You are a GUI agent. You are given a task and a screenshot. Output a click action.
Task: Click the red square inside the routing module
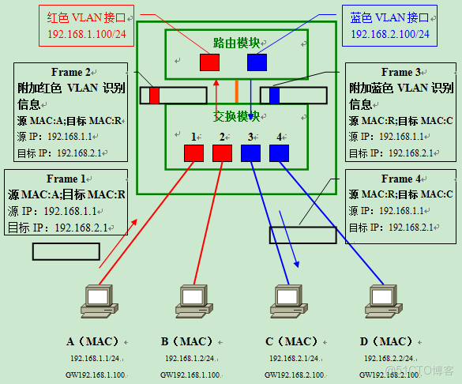[x=209, y=62]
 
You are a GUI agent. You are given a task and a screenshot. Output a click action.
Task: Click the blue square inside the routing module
[x=257, y=62]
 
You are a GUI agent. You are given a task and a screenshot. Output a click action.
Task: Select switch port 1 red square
[x=193, y=152]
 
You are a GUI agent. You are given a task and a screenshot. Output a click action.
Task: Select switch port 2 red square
[x=222, y=152]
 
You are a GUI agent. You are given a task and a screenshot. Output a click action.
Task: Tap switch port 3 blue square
[x=250, y=152]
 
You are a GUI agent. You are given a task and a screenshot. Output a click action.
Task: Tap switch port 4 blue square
[x=279, y=152]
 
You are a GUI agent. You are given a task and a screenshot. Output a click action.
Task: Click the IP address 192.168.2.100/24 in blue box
[x=390, y=34]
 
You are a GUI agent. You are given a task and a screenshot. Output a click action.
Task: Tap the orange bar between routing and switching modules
[x=235, y=91]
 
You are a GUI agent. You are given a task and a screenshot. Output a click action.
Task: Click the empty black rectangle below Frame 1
[x=66, y=251]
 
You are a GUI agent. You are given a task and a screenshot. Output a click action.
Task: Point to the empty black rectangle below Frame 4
[x=302, y=235]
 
